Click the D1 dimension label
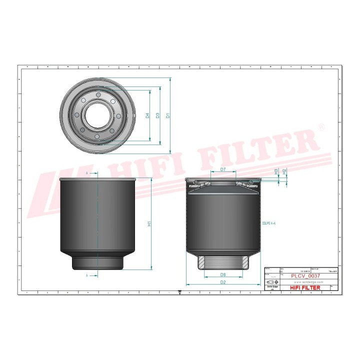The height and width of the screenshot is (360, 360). tap(168, 115)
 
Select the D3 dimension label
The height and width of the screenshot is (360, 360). tap(157, 115)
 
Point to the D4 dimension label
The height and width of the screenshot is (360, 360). tap(147, 115)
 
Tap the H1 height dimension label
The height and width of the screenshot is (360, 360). tap(149, 224)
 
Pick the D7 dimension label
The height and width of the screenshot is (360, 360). tap(223, 170)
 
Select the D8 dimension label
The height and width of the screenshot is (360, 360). tap(223, 274)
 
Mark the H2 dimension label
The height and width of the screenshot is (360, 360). tap(284, 171)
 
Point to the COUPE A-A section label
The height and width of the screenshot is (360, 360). tap(268, 225)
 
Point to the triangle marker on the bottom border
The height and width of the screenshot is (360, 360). tap(179, 294)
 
